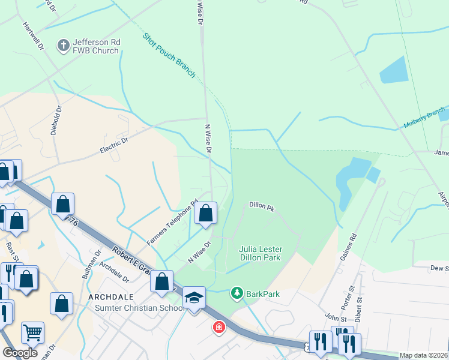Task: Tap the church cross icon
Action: click(62, 45)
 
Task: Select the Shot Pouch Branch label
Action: click(169, 55)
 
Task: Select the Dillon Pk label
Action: click(262, 207)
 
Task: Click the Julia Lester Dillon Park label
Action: click(261, 253)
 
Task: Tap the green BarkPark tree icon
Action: click(237, 293)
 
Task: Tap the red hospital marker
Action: click(218, 328)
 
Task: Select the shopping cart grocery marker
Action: click(32, 332)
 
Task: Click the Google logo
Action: click(20, 353)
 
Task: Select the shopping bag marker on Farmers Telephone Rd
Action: click(205, 213)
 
